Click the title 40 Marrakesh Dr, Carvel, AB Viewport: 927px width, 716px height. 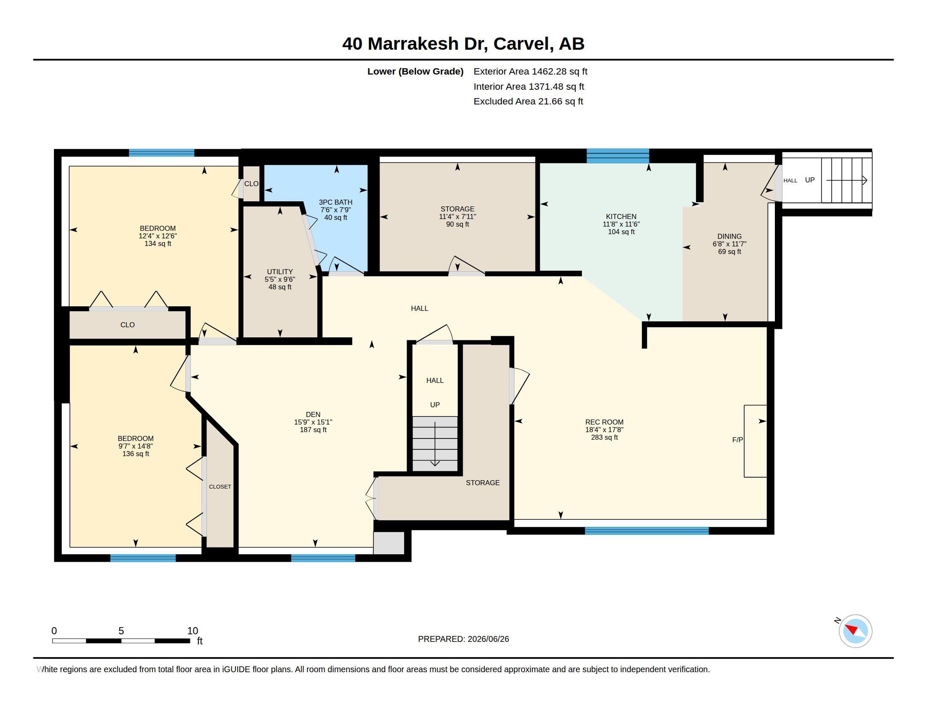[x=463, y=44]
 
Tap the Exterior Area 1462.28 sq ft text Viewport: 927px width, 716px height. [x=530, y=71]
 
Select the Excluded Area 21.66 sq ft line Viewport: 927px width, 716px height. [x=528, y=102]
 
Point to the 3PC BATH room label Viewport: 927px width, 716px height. [x=335, y=202]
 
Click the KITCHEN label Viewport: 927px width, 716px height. [x=621, y=217]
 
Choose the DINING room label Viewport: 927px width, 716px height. [x=729, y=237]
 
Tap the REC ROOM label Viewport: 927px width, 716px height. [x=604, y=422]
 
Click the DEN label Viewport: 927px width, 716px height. [x=313, y=414]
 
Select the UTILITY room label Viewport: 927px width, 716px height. [x=280, y=272]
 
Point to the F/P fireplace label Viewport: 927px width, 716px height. [x=738, y=440]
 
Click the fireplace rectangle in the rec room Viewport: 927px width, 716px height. [x=755, y=441]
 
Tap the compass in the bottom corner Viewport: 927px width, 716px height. [x=855, y=631]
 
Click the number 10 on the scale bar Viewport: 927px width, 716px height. [x=192, y=631]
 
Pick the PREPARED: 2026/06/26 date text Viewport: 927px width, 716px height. [x=463, y=639]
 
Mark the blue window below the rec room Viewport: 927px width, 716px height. [x=646, y=531]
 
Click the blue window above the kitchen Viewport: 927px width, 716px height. [x=618, y=156]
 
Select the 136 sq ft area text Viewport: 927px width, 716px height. [x=135, y=454]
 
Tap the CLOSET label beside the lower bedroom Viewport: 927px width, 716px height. [x=220, y=486]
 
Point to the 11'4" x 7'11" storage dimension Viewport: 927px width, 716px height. [x=457, y=217]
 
